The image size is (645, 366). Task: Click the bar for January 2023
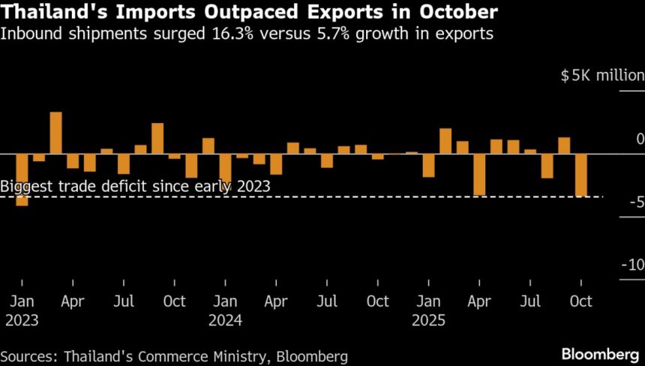coord(22,179)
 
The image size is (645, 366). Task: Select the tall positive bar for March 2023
coord(55,133)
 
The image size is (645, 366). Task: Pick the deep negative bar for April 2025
coord(479,174)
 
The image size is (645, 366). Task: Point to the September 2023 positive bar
coord(157,139)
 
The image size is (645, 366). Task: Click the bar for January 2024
coord(225,167)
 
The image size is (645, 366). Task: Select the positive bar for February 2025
coord(445,141)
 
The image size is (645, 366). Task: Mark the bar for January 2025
coord(428,165)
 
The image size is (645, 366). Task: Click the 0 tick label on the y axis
coord(640,139)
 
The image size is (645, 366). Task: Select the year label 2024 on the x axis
coord(226,320)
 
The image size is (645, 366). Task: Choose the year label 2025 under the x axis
coord(429,320)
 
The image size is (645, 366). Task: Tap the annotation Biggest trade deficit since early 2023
coord(134,186)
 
